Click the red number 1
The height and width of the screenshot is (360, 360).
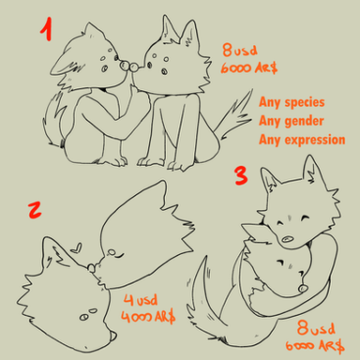(46, 30)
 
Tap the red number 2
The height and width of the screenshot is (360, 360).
(35, 210)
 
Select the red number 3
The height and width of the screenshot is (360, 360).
(241, 175)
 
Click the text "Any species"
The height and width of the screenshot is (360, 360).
(292, 102)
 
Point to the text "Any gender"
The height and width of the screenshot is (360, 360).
(292, 121)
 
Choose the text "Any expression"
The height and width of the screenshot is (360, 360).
(302, 140)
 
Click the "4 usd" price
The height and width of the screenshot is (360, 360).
(141, 300)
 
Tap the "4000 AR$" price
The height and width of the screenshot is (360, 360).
(148, 317)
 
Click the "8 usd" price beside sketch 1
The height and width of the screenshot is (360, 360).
(240, 50)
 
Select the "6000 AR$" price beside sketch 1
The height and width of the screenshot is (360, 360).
(249, 67)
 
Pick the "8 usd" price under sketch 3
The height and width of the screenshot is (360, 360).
(316, 328)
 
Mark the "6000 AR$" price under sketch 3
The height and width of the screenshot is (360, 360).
(315, 346)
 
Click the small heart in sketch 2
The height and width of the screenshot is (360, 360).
(77, 247)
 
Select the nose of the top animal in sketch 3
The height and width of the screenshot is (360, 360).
(287, 240)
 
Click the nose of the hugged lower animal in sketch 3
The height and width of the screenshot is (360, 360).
(302, 288)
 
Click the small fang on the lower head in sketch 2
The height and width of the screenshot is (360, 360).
(113, 336)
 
